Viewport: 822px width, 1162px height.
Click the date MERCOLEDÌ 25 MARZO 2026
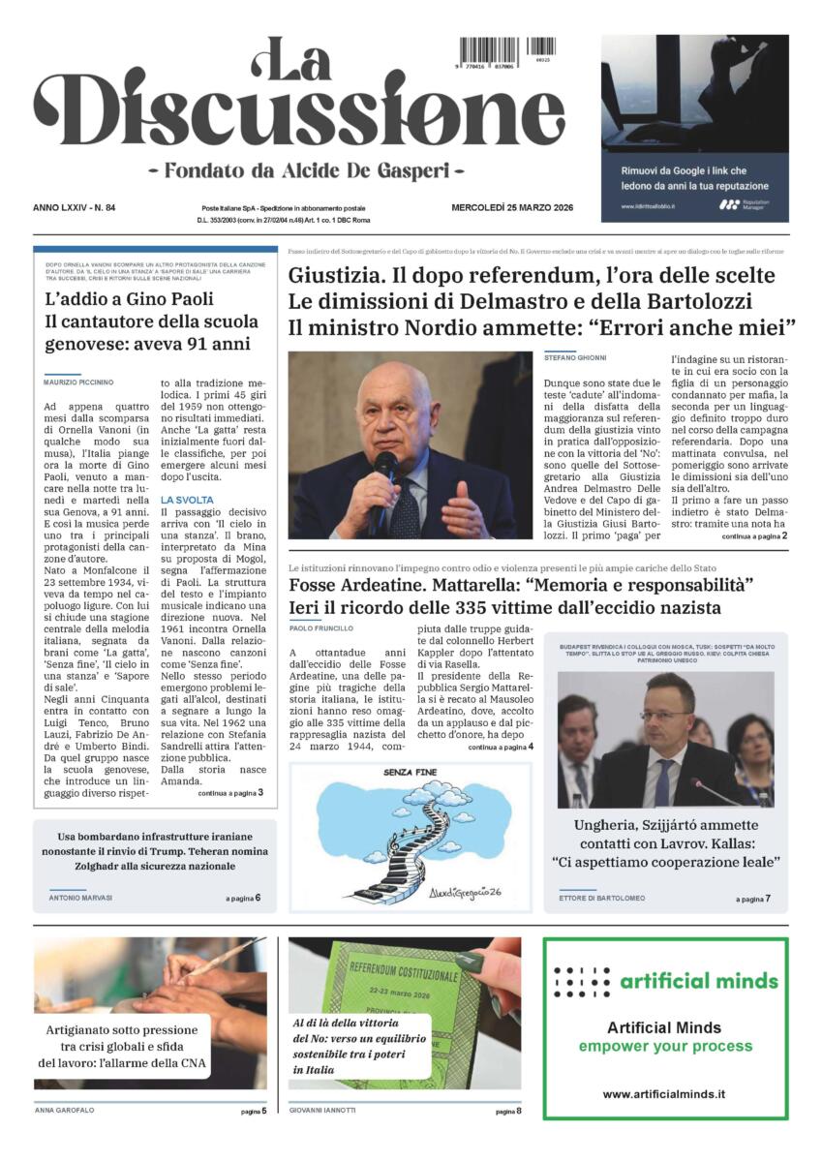(514, 207)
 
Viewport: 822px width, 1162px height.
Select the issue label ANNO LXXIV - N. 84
(75, 207)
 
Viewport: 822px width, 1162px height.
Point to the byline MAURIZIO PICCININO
(78, 382)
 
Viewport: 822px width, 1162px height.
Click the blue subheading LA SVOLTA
(188, 500)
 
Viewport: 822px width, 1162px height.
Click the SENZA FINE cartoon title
(411, 772)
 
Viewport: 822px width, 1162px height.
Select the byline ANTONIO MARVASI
(80, 898)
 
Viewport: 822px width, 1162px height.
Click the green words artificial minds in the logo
(698, 980)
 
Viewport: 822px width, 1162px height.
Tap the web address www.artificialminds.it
(664, 1093)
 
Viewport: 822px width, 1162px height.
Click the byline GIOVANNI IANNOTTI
(323, 1111)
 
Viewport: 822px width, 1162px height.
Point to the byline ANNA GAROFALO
(65, 1111)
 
